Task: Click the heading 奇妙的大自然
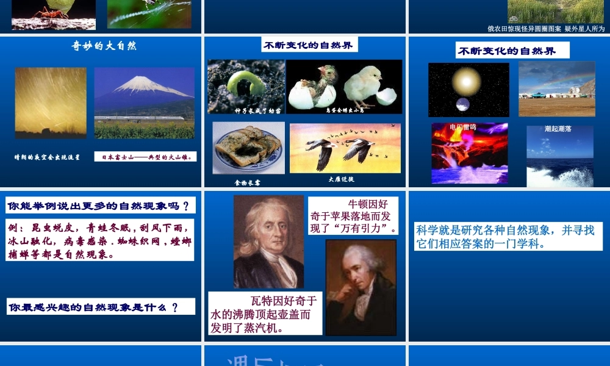[x=104, y=46]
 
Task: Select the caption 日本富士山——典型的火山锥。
[x=145, y=157]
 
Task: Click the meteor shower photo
[x=51, y=102]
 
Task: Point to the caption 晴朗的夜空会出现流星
[x=48, y=157]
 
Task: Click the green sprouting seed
[x=247, y=82]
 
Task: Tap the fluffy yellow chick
[x=366, y=85]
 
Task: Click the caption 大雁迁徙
[x=341, y=179]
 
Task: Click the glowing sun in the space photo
[x=467, y=81]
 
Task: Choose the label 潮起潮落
[x=558, y=129]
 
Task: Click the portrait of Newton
[x=268, y=242]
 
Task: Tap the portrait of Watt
[x=361, y=287]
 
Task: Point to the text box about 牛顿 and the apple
[x=353, y=216]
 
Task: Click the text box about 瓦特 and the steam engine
[x=265, y=314]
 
